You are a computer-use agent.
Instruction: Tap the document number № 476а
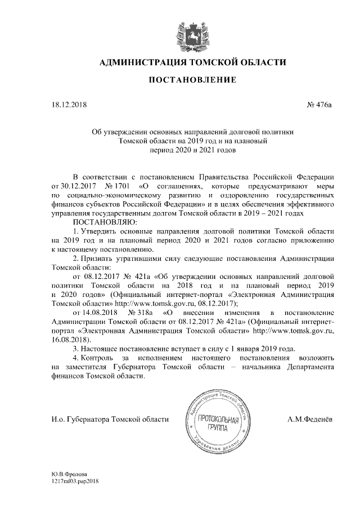319,104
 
